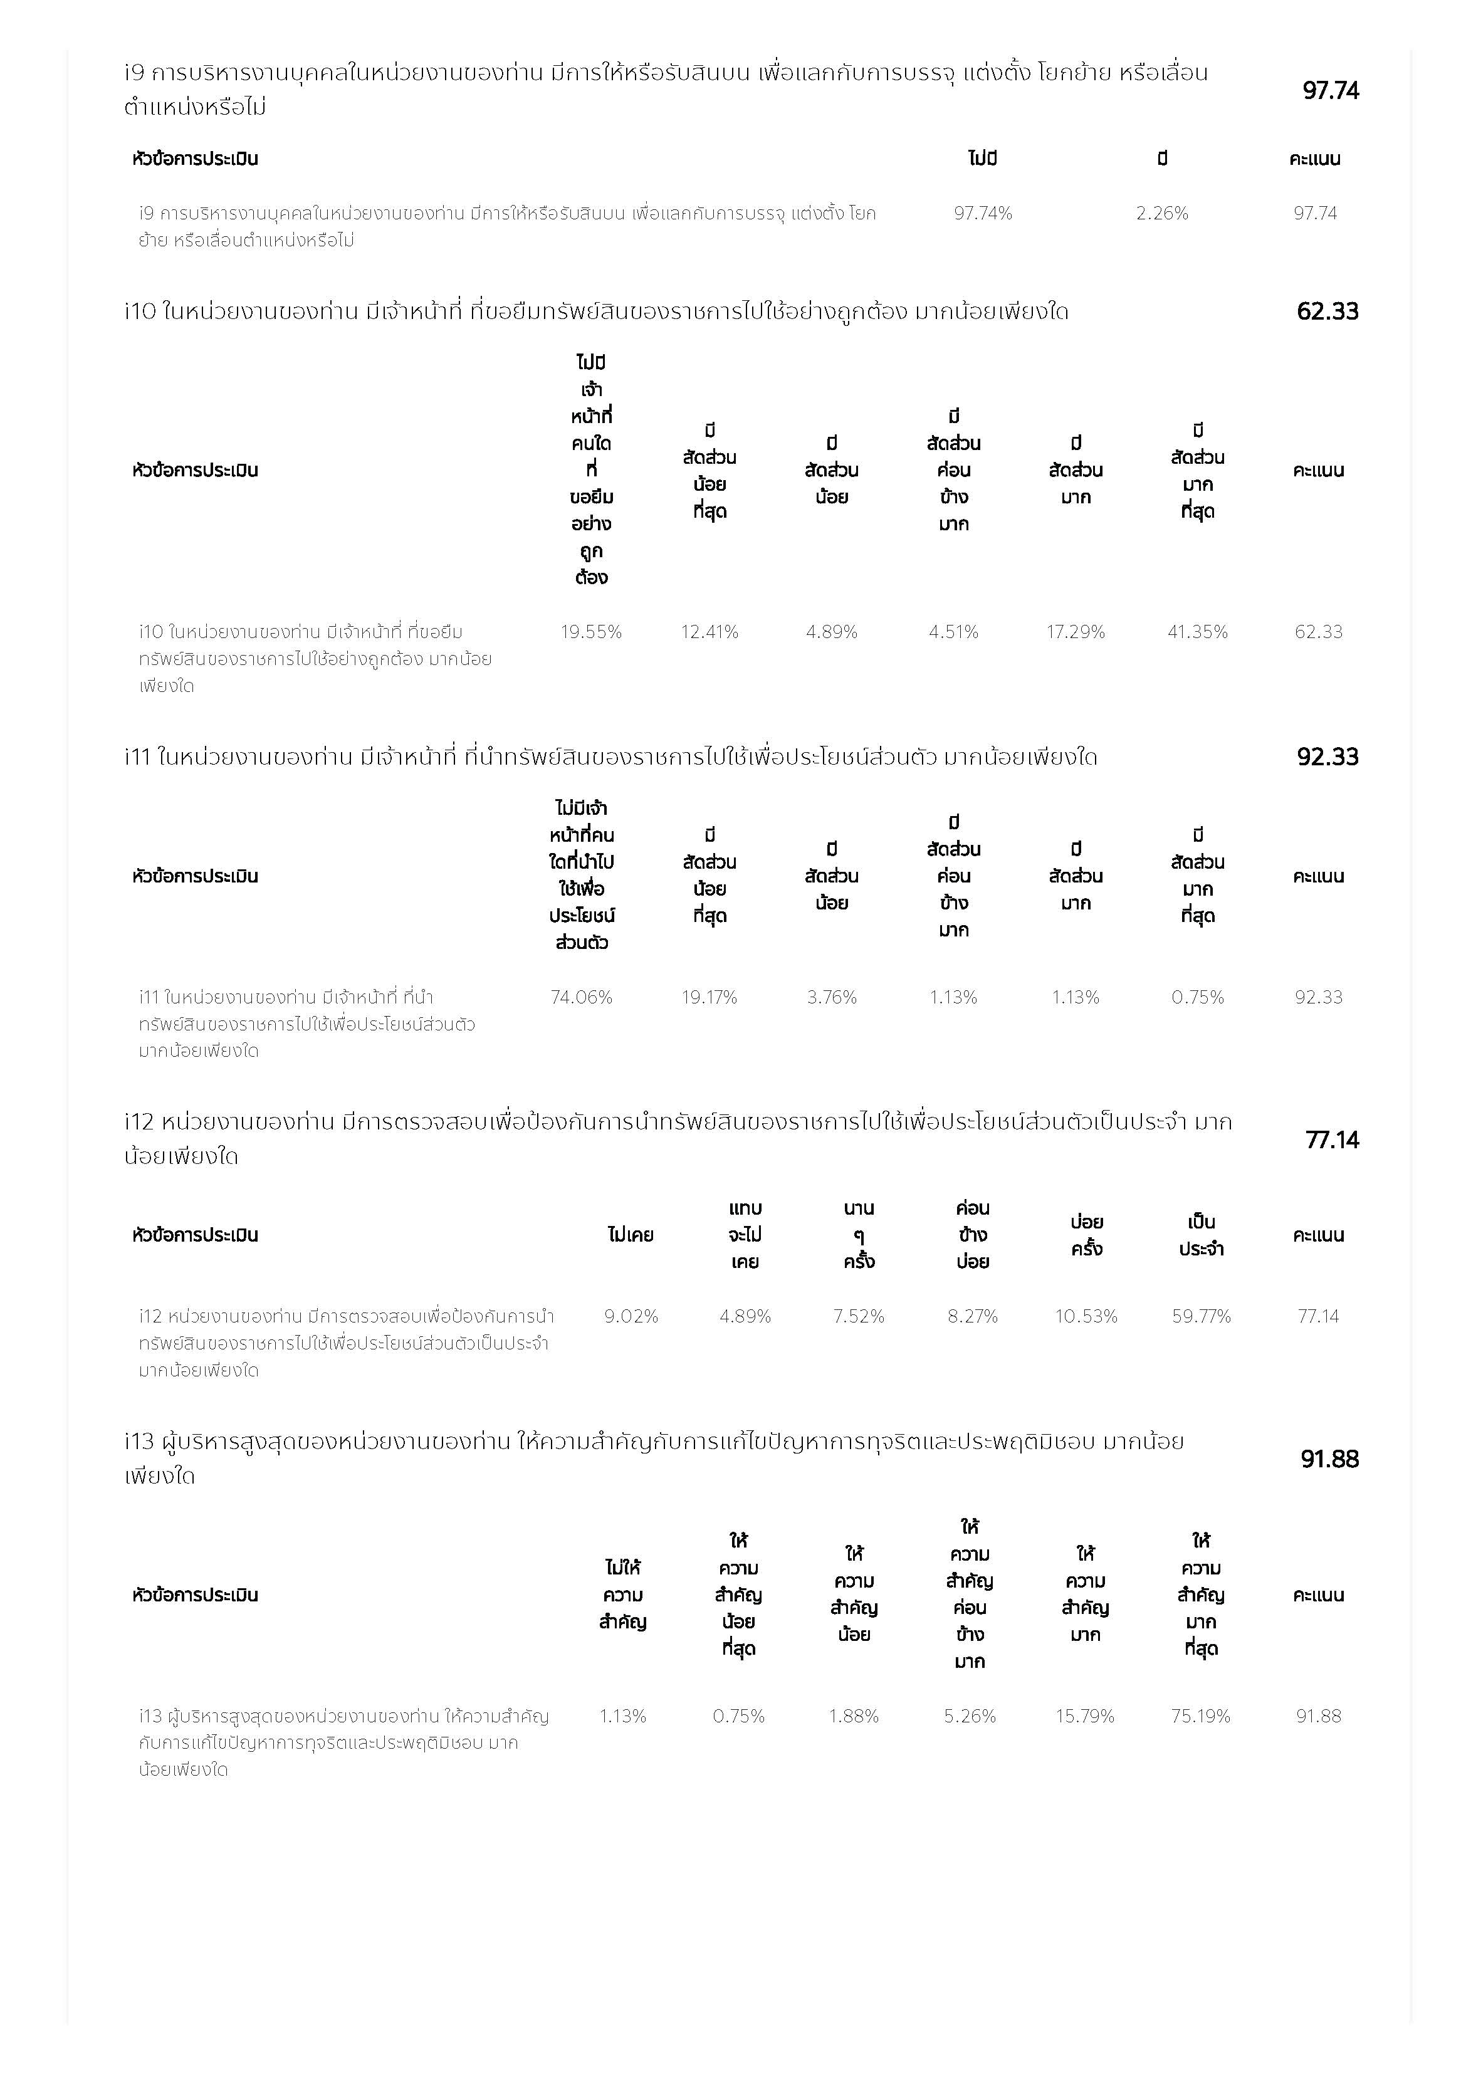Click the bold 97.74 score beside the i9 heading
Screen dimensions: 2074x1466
point(1329,90)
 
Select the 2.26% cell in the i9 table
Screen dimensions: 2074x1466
point(1161,213)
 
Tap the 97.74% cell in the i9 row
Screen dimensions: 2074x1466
point(983,213)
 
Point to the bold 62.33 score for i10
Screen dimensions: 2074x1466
point(1327,311)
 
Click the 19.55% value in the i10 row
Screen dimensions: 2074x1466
point(591,631)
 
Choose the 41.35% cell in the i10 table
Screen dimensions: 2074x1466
point(1197,631)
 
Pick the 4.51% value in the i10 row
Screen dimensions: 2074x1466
point(953,631)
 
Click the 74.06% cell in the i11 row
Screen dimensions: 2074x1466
point(581,997)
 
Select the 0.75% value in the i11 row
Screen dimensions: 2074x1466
point(1197,997)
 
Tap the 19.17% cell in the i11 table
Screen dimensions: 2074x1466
point(709,997)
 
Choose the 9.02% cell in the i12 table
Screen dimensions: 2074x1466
point(631,1316)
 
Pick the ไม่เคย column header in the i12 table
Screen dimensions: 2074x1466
point(631,1235)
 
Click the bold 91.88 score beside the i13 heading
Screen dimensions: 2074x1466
point(1329,1459)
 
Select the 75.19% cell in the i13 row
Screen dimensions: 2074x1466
point(1200,1715)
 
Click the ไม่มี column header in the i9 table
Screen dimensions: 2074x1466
point(983,159)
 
